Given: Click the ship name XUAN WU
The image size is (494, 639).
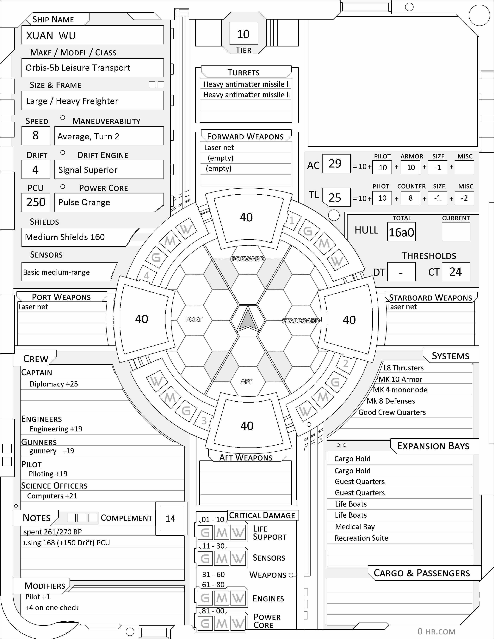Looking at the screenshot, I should click(x=51, y=36).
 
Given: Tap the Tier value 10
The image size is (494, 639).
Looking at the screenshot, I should click(x=243, y=34).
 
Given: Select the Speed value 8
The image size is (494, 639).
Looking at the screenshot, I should click(x=35, y=136).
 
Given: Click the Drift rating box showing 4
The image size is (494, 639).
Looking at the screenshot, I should click(x=35, y=170).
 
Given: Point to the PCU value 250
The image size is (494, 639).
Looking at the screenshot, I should click(x=36, y=202).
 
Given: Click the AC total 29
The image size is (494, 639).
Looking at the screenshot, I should click(x=335, y=164).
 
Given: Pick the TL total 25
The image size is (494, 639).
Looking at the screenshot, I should click(x=335, y=198).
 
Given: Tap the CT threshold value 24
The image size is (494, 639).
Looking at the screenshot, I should click(x=455, y=272).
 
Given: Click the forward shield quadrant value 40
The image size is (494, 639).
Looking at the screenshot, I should click(x=246, y=217).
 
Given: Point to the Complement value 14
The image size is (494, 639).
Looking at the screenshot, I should click(x=170, y=518).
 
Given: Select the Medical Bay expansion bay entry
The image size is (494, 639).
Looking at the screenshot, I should click(x=355, y=527).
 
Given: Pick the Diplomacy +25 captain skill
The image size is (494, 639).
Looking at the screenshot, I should click(x=54, y=384).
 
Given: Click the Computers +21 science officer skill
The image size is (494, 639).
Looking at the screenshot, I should click(x=52, y=496).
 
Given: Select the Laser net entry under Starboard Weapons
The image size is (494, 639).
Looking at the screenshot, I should click(x=402, y=307).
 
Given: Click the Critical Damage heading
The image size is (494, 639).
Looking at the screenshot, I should click(x=262, y=515).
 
